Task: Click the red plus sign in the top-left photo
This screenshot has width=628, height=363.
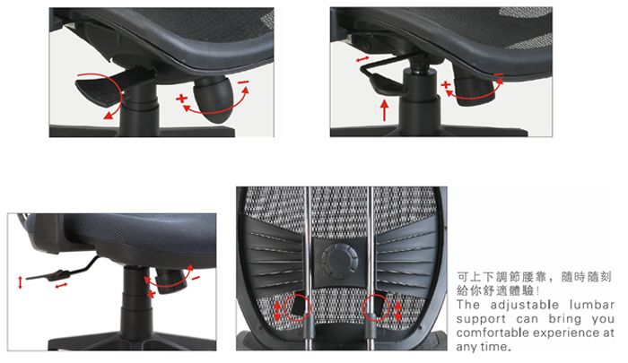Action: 182,98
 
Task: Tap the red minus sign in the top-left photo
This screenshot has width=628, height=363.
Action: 243,82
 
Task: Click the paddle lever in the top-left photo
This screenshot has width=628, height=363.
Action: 99,91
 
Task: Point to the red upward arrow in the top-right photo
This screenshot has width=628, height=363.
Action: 385,110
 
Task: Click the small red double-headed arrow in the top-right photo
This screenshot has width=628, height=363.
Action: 362,59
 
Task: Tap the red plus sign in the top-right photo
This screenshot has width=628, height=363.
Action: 445,85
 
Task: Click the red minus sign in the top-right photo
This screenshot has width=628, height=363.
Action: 499,74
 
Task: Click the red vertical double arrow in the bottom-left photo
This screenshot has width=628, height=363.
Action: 21,282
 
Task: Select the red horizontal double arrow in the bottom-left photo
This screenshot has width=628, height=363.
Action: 61,286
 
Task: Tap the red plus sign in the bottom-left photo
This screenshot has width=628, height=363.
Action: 151,295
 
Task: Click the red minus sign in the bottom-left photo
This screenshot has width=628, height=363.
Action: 196,278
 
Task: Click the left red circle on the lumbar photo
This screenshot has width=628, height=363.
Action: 297,307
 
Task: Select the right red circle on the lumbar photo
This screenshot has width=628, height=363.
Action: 376,307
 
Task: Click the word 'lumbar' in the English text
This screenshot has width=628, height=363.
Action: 591,305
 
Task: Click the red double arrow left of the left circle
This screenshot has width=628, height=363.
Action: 277,311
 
